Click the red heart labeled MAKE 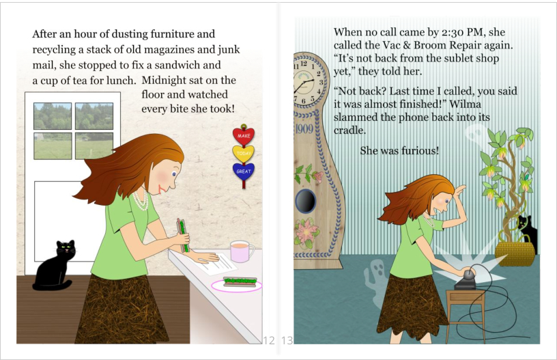[244, 136]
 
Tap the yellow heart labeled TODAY [244, 154]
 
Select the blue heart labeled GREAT [244, 171]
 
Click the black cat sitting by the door [55, 266]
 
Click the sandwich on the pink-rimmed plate [240, 281]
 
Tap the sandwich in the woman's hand [183, 235]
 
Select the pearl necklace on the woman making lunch [141, 201]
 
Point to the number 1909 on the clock [304, 128]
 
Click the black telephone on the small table [466, 279]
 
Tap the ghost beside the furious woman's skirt [377, 283]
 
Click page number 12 [269, 340]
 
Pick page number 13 [287, 340]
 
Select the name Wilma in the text [465, 104]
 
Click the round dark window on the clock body [306, 201]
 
